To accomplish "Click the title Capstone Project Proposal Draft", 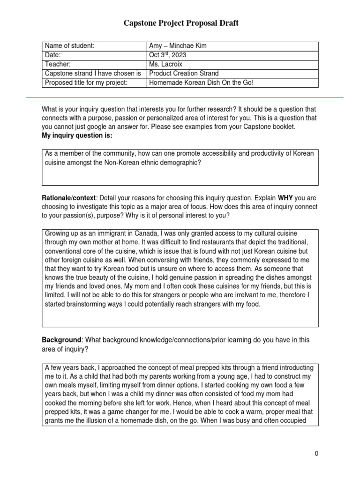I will tap(181, 23).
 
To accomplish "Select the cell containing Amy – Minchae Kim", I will tap(177, 46).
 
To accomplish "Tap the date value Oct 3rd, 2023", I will tap(167, 55).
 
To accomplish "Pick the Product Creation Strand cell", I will tap(184, 74).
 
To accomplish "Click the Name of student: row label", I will tap(69, 46).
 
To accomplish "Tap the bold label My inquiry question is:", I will tap(77, 135).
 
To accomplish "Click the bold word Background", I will tap(61, 339).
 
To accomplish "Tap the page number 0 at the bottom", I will tap(316, 454).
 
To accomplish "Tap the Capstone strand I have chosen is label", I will tap(93, 74).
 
